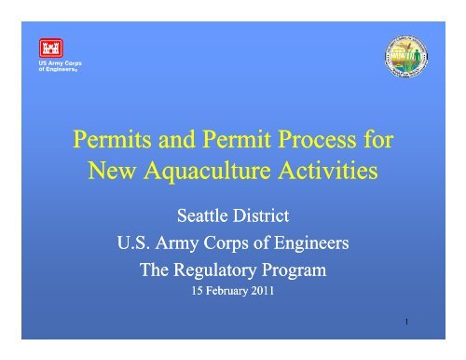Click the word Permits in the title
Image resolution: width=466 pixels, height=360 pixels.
(112, 145)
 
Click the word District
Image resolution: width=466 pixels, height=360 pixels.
(263, 217)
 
